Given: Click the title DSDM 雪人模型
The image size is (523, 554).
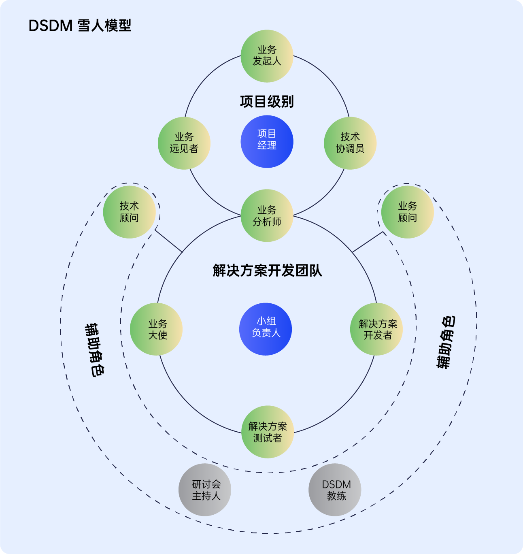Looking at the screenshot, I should click(x=80, y=26).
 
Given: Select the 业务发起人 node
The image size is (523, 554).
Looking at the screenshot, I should click(x=267, y=56).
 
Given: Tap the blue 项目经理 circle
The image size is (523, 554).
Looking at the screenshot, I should click(x=267, y=142).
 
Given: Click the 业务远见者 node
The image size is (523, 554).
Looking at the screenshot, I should click(x=184, y=143).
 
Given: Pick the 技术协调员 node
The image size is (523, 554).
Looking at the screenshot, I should click(x=350, y=143).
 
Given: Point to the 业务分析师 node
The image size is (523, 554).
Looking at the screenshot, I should click(x=267, y=215).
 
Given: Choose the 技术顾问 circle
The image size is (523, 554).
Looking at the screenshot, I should click(x=129, y=212).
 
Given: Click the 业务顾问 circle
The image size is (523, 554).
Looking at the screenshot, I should click(x=407, y=212).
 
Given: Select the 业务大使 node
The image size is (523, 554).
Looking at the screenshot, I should click(x=156, y=329).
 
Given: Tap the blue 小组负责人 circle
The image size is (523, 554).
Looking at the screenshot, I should click(x=266, y=329).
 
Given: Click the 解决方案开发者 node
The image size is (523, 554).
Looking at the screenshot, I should click(x=376, y=329).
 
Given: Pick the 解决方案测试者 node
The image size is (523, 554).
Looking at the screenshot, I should click(x=268, y=432).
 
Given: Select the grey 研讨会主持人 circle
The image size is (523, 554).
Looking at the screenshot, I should click(x=205, y=490).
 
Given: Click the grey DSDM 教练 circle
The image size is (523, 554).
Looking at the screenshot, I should click(x=335, y=490).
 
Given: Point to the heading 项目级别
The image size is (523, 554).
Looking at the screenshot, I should click(x=267, y=101).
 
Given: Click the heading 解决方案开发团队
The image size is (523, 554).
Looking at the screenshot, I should click(x=267, y=270).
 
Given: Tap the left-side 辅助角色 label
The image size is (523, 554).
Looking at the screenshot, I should click(x=94, y=350).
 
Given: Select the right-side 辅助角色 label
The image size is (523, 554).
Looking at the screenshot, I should click(x=446, y=342).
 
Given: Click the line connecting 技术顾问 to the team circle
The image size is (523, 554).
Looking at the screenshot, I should click(x=169, y=241).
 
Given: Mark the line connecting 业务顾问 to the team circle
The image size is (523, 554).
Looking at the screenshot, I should click(x=368, y=242).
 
